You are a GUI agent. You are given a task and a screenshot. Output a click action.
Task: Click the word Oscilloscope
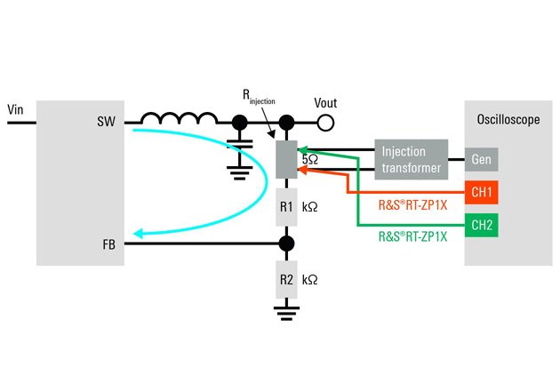pyautogui.click(x=504, y=116)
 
